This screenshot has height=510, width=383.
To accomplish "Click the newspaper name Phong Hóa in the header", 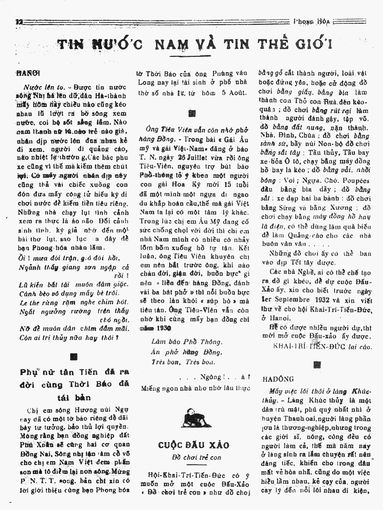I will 312,21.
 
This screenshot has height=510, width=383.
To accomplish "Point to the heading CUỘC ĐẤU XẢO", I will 194,445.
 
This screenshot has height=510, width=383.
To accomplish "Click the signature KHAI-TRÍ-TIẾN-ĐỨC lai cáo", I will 323,346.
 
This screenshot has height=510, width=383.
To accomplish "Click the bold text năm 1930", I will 153,329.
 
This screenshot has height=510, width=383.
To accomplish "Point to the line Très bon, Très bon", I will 183,362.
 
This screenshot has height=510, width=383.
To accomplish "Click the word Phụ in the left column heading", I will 29,373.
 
